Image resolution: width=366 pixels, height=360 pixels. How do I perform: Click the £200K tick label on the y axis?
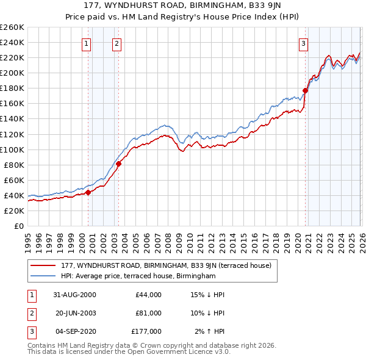[x=12, y=73]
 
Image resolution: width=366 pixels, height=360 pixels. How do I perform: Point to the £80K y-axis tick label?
[x=13, y=165]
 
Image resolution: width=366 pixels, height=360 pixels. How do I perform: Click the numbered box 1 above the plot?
[x=86, y=43]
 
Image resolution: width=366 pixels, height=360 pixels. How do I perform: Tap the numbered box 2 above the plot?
[x=116, y=43]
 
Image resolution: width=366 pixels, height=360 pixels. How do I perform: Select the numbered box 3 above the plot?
[x=303, y=43]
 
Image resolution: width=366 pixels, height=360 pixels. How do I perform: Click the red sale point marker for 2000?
[x=88, y=192]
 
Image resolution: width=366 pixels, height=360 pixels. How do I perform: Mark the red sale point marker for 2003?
[x=119, y=164]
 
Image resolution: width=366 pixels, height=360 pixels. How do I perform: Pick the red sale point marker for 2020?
[x=305, y=90]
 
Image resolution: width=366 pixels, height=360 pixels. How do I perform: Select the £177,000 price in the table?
[x=146, y=331]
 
